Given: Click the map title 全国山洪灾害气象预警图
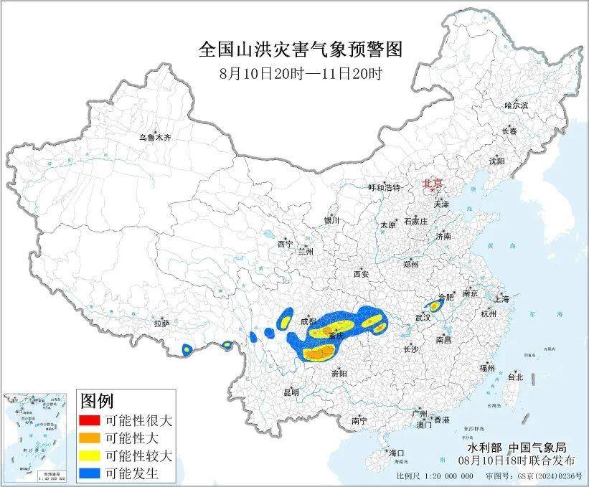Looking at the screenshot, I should point(300,49).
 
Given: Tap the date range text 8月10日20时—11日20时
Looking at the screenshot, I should point(300,73).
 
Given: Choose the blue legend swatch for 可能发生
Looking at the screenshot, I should point(90,473).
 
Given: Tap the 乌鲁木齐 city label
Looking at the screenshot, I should point(156,137).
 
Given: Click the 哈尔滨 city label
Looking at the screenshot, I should point(515,105).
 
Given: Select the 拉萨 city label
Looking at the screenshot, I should point(161,323).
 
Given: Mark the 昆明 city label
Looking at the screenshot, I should point(291,392).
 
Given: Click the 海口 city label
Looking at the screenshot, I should point(396,453).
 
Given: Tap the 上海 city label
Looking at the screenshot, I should point(501,298).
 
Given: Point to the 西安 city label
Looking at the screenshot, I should point(361,274).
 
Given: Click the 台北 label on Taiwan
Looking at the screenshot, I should point(515,377).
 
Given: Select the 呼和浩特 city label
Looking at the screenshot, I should point(384,187).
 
